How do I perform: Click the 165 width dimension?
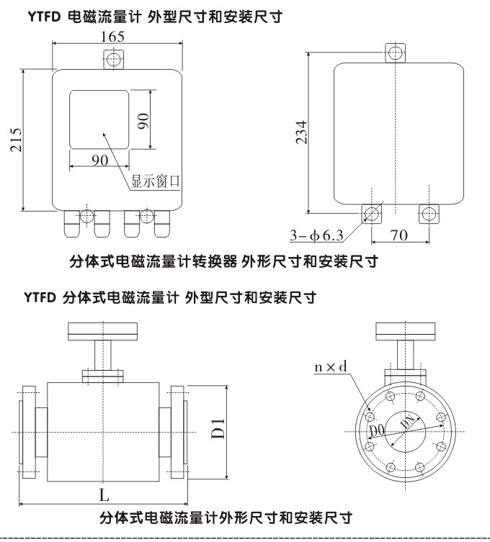(112, 35)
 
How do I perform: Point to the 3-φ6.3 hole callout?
(317, 235)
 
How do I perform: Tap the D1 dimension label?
(218, 430)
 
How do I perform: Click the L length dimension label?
(104, 495)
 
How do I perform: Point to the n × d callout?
(331, 367)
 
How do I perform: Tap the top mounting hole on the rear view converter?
(395, 52)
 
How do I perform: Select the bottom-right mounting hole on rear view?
(428, 213)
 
